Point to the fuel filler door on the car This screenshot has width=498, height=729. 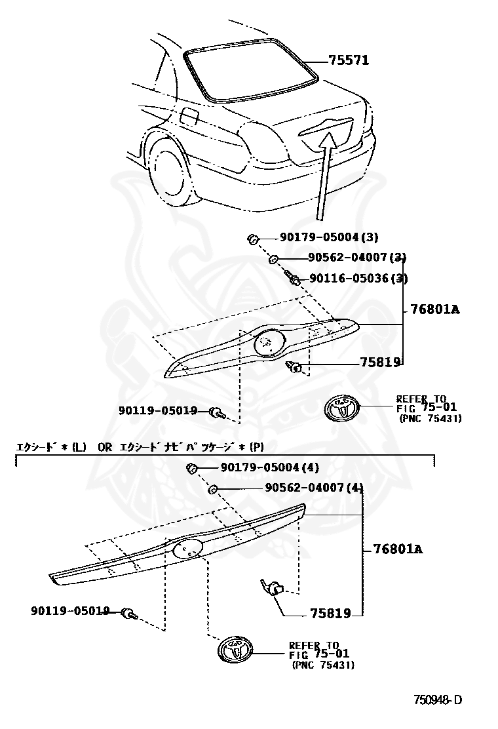[x=189, y=116]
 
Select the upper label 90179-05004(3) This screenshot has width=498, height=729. [x=319, y=237]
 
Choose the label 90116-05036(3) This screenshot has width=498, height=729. [x=358, y=279]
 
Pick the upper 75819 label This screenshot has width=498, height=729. [x=379, y=363]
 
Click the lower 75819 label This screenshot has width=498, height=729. [x=330, y=614]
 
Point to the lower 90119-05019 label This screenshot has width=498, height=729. [x=69, y=611]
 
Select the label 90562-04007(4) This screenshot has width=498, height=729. [x=314, y=488]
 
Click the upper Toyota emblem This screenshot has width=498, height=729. [x=342, y=410]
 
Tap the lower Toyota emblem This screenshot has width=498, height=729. [x=234, y=650]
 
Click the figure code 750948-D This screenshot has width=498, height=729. [x=437, y=700]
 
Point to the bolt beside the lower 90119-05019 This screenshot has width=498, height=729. [x=129, y=614]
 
